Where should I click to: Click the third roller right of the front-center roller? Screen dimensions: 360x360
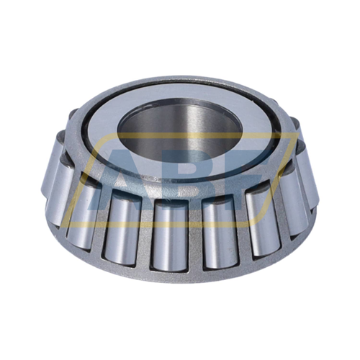pos(294,195)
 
